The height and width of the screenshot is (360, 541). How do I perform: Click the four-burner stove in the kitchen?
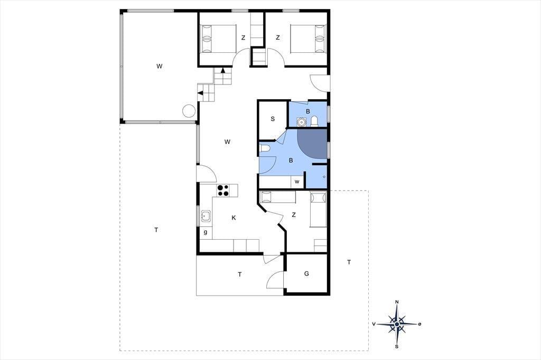pos(223,191)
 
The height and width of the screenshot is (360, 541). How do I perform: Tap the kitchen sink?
pos(206,216)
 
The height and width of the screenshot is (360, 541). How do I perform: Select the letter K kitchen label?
pos(234,217)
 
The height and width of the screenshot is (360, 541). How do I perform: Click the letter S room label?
pos(273,119)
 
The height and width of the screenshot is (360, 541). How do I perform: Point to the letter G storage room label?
pos(306,274)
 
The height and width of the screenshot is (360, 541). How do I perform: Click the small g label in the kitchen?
pos(206,232)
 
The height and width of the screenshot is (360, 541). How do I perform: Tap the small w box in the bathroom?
pos(297,182)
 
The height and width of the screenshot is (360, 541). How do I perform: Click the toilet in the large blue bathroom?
pos(265,149)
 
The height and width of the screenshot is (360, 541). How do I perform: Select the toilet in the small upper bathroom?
pos(314,121)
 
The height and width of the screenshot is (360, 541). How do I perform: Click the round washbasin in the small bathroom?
pos(302,122)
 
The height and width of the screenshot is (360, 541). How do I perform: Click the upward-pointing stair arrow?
pos(223,70)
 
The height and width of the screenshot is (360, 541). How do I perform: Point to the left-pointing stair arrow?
pos(200,92)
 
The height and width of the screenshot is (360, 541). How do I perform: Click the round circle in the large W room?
pos(189,111)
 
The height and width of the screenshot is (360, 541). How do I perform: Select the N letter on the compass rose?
pos(397,302)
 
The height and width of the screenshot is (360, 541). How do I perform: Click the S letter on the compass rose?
pos(397,347)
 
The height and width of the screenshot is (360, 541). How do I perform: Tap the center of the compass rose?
pos(397,324)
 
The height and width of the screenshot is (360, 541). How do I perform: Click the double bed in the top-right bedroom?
pos(308,39)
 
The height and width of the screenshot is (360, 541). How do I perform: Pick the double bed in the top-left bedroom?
pos(218,39)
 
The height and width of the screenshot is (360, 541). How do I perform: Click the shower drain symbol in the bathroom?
pos(324,177)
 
